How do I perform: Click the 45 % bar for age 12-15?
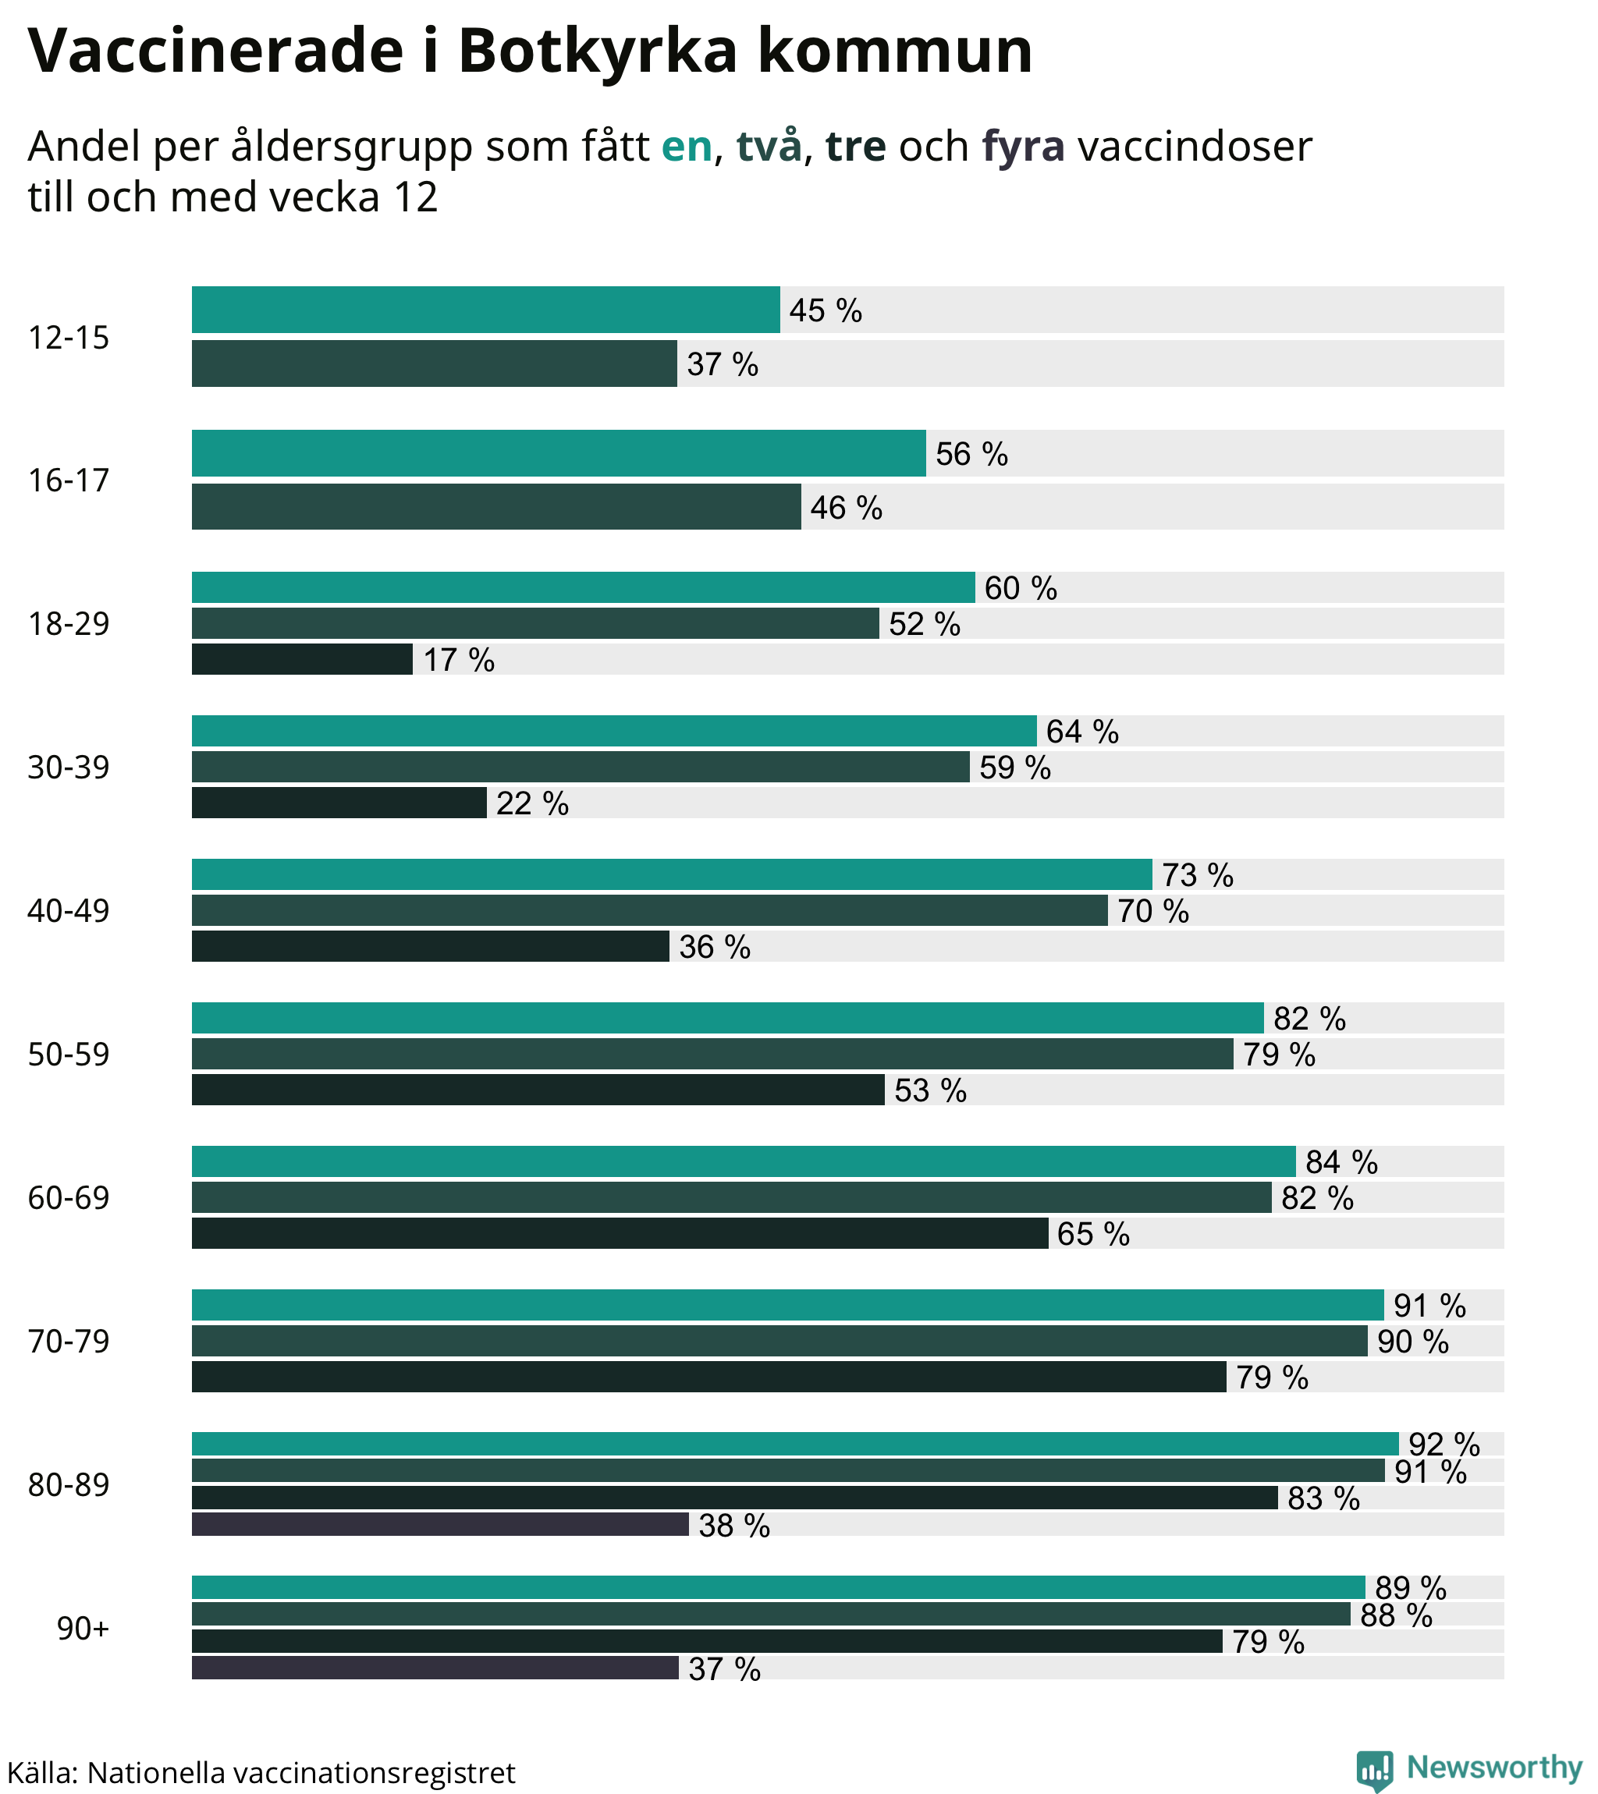click(x=485, y=310)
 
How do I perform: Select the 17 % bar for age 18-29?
click(x=302, y=659)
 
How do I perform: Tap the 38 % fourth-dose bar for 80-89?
click(x=439, y=1525)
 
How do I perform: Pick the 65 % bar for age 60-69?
click(x=619, y=1233)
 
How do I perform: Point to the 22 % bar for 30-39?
click(x=339, y=803)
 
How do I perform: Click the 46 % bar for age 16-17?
click(x=496, y=506)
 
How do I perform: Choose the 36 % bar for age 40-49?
click(x=430, y=946)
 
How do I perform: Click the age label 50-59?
click(x=69, y=1054)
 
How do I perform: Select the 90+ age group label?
click(x=83, y=1629)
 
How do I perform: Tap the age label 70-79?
click(x=69, y=1341)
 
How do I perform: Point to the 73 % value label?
click(x=1198, y=875)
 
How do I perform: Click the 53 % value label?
click(x=930, y=1090)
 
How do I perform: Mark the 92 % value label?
click(x=1444, y=1445)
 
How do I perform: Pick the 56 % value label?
click(x=971, y=454)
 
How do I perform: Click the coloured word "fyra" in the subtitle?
click(x=1023, y=147)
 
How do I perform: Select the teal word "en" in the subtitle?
click(x=686, y=147)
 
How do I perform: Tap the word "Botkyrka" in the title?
click(x=597, y=51)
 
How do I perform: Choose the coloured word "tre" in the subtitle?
click(x=855, y=147)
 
